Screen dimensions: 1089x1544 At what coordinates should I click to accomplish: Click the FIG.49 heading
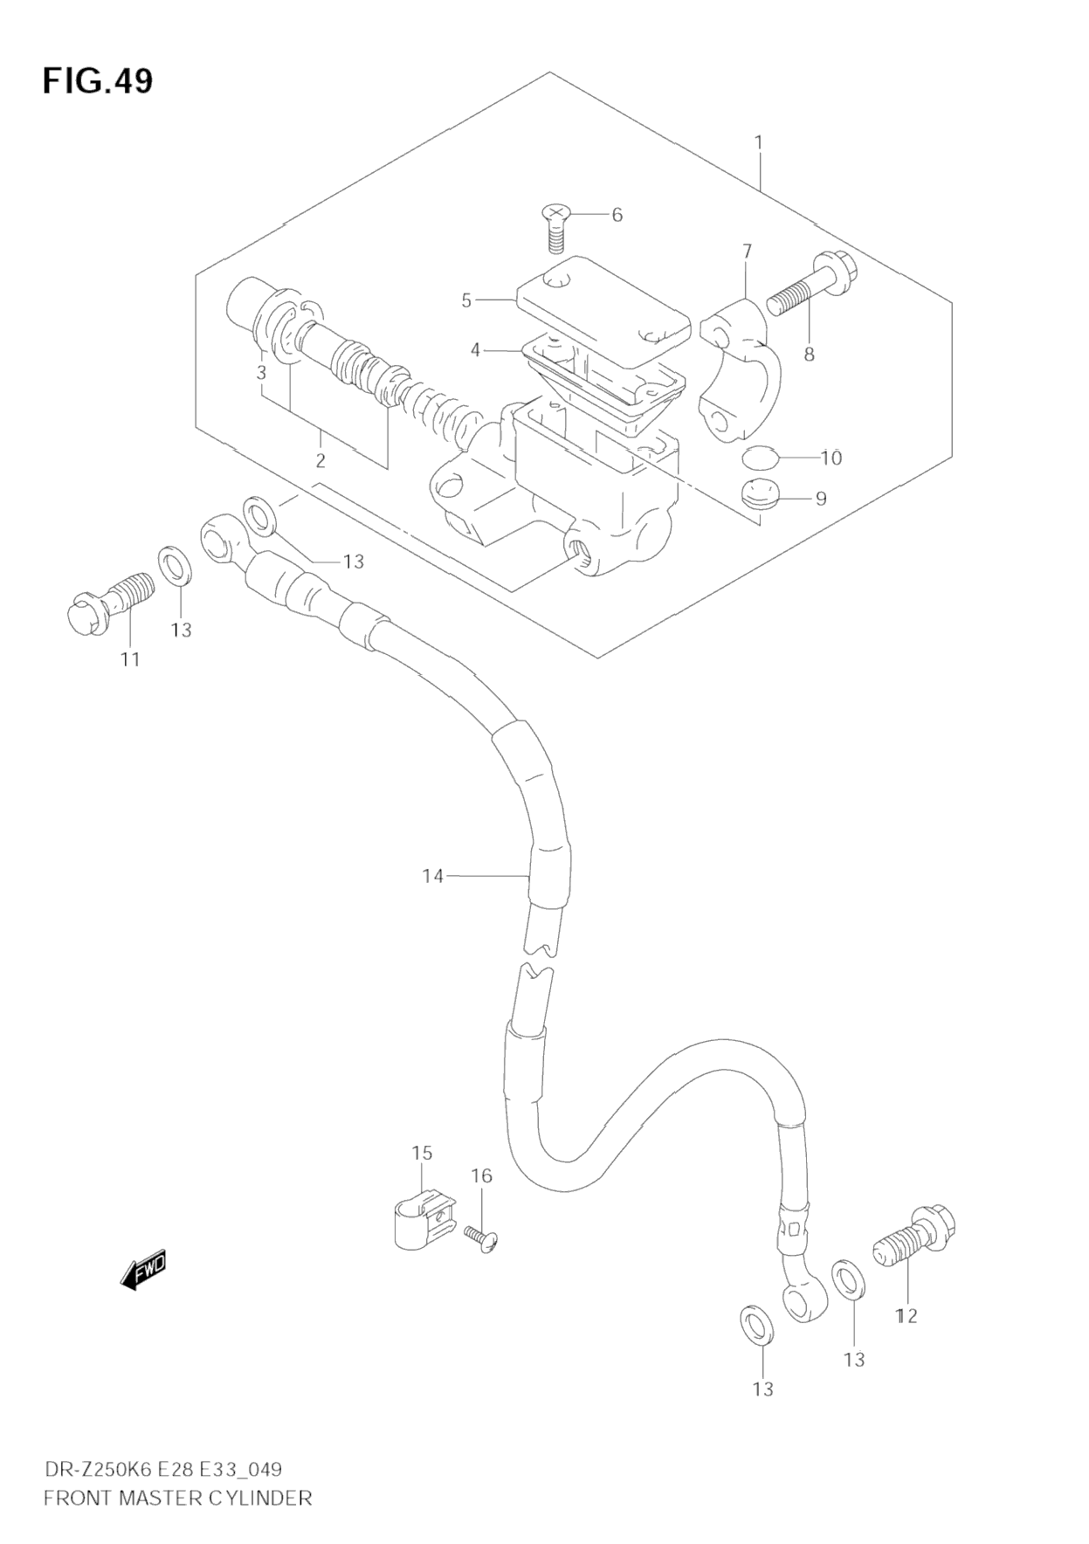point(97,80)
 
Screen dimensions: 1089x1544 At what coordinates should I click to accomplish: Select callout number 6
point(617,215)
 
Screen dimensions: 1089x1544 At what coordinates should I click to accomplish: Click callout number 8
point(809,355)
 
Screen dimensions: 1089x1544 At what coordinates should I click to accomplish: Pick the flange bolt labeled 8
point(811,286)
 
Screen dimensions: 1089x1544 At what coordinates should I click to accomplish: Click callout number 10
point(831,458)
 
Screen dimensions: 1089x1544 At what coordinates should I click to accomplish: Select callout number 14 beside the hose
point(433,876)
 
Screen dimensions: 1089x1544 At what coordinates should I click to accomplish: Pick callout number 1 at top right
point(759,141)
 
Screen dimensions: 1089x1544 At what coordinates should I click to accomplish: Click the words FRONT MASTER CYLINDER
point(177,1499)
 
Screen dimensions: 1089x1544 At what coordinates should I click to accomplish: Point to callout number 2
point(320,460)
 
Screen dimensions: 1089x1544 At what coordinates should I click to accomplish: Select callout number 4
point(475,350)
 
